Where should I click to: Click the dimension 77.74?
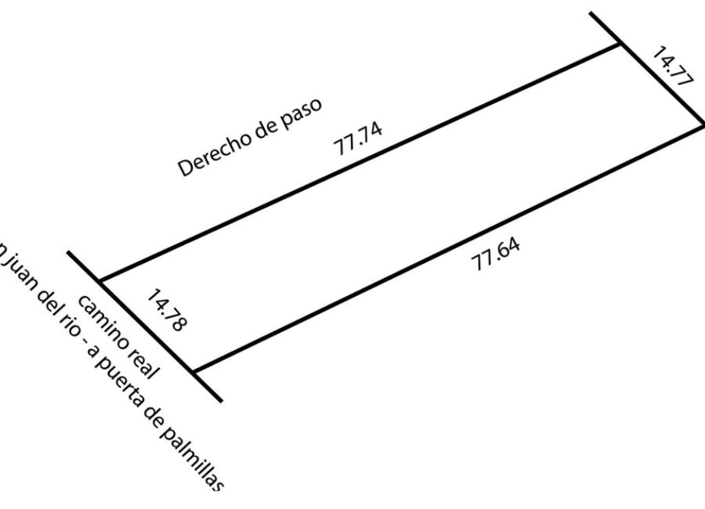[360, 140]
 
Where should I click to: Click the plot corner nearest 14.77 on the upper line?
[622, 45]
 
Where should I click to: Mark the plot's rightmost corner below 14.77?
[703, 125]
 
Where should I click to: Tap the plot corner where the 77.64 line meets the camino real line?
[193, 370]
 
